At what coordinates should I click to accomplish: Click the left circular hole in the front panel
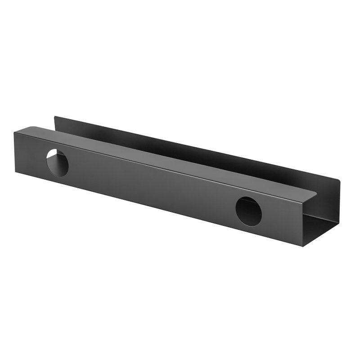point(58,162)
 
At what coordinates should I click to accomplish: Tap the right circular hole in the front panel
point(248,211)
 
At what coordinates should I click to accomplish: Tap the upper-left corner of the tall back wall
point(55,117)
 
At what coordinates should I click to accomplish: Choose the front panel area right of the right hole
point(283,220)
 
